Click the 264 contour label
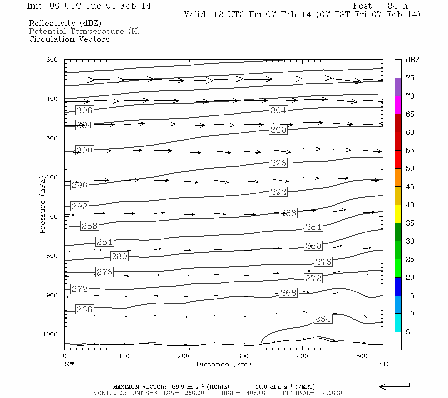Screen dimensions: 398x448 (x=323, y=319)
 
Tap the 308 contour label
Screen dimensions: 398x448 (x=84, y=110)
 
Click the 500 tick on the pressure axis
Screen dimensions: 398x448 (x=52, y=138)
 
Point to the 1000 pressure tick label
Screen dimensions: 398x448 (x=50, y=334)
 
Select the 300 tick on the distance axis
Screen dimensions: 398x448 (x=243, y=356)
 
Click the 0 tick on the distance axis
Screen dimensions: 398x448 (x=65, y=356)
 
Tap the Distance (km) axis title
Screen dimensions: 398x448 (x=224, y=364)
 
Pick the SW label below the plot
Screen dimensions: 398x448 (x=69, y=364)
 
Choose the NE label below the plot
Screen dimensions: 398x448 (x=383, y=364)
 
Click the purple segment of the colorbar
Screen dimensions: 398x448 (x=398, y=87)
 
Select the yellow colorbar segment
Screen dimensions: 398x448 (x=398, y=214)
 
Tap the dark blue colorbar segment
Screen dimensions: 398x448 (x=398, y=287)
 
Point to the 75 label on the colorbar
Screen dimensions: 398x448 (x=410, y=78)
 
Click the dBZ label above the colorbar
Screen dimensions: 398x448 (x=412, y=60)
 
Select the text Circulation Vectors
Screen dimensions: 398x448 (x=69, y=39)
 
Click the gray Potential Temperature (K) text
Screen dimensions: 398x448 (x=84, y=31)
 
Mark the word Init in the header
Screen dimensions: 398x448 (x=36, y=6)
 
